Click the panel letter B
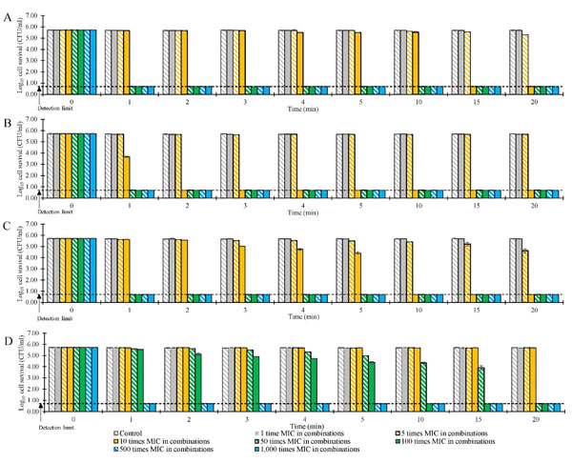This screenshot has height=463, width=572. pos(7,123)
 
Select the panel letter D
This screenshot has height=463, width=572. pos(7,335)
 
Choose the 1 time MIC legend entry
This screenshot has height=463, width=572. pos(304,433)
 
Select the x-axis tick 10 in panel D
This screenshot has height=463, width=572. pos(412,416)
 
